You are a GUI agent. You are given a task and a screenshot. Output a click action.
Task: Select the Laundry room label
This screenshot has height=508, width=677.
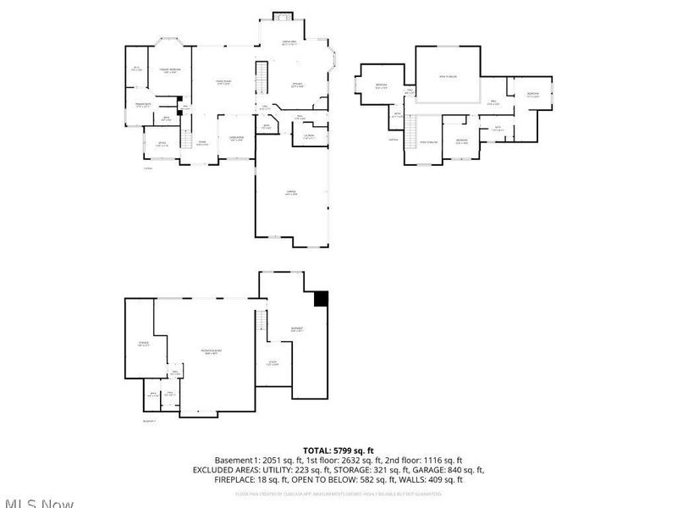(309, 135)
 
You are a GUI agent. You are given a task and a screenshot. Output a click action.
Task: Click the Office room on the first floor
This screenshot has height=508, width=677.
(162, 144)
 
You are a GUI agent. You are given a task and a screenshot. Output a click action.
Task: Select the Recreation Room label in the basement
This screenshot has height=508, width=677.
(212, 351)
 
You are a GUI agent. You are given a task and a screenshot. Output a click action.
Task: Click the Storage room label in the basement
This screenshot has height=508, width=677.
(144, 344)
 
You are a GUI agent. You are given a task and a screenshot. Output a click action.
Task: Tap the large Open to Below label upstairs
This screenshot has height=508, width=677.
(449, 75)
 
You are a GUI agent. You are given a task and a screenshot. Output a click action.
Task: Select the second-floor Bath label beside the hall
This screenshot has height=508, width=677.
(498, 130)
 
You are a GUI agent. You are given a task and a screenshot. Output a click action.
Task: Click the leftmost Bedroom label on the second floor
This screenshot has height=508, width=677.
(383, 86)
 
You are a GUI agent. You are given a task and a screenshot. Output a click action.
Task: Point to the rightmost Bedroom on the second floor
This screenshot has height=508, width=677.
(532, 96)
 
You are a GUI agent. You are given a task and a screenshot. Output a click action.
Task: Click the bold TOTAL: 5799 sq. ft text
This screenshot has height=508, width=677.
(338, 450)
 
